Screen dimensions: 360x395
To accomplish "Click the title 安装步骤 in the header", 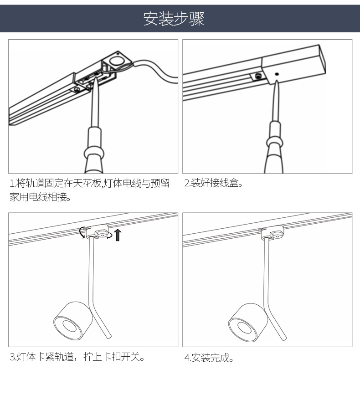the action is (174, 19).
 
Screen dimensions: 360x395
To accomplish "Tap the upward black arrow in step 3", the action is (118, 235).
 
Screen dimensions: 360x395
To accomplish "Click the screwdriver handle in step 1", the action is (95, 150).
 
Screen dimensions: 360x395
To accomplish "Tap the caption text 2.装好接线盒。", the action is (214, 184).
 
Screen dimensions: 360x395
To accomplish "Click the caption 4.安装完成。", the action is (209, 358).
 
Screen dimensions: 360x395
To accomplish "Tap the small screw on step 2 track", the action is (258, 76).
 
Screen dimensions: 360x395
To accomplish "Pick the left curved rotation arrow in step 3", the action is (82, 232).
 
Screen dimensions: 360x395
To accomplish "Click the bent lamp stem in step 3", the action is (96, 292).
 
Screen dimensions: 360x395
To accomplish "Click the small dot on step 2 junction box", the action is (277, 73).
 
